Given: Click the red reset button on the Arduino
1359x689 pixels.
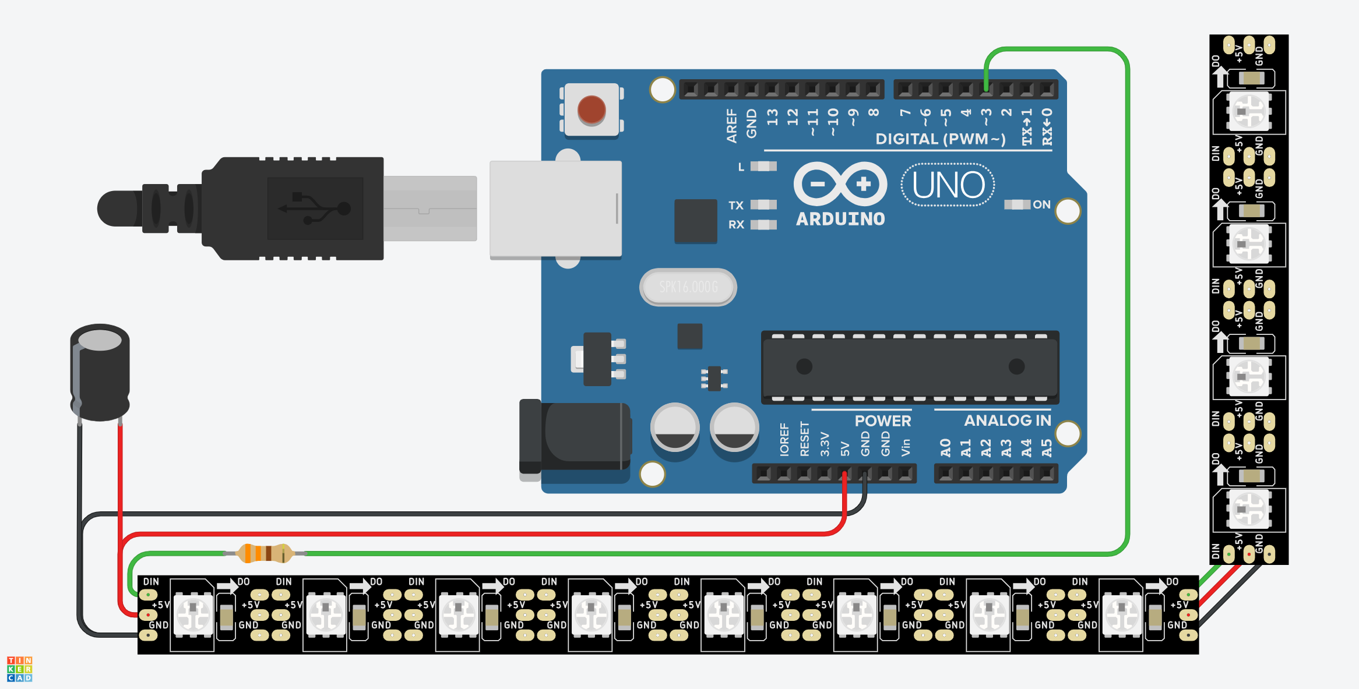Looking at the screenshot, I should point(591,109).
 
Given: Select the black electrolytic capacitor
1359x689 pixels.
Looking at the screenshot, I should point(100,373).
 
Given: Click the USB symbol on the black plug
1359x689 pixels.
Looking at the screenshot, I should point(315,209).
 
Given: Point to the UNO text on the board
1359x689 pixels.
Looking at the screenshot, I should point(948,185).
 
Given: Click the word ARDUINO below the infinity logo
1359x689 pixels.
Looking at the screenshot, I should point(840,219).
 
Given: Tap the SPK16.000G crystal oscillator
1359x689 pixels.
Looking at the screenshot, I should point(688,287).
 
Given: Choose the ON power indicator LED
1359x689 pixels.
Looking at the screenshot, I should point(1017,204).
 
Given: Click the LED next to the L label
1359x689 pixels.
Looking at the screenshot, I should point(763,167).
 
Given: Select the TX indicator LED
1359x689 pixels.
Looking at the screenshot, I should point(763,205).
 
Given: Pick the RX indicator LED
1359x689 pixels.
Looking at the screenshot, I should point(763,225).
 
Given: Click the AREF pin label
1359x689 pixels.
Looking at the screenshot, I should point(732,125).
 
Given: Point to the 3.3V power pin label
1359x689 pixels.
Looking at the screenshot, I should point(825,444).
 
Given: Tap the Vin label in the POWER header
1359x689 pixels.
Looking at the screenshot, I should point(906,447).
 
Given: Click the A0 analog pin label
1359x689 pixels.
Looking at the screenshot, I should point(946,447).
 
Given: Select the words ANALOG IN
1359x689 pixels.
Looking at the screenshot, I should point(1008,421).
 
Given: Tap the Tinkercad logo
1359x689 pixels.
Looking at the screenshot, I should point(19,669).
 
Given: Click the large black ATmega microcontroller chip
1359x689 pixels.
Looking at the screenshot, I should point(910,367).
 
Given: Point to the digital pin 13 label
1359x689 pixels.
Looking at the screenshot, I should point(773,117).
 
